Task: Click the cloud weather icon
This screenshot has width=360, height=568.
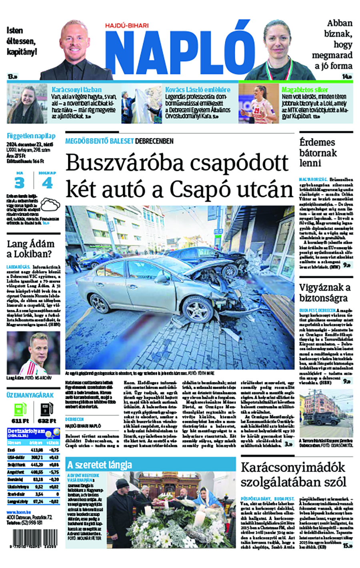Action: pos(50,205)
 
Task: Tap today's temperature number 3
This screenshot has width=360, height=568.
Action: pos(19,183)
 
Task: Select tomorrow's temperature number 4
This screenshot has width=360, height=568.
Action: pos(47,183)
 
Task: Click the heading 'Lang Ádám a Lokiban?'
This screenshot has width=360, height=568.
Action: pos(31,249)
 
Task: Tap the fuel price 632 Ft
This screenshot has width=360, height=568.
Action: pos(46,421)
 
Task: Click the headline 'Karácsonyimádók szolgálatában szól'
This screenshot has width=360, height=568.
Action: pos(293,474)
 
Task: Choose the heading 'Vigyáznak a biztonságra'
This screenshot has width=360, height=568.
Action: pos(325,293)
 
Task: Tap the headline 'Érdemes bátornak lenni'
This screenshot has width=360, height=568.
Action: pos(318,153)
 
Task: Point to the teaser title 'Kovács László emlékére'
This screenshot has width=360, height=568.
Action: pos(198,90)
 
